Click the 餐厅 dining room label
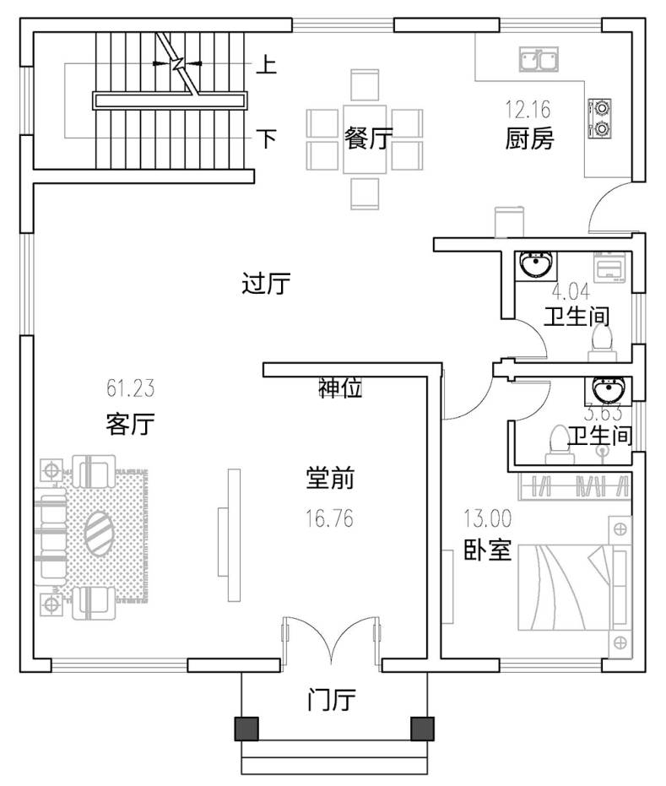pyautogui.click(x=369, y=138)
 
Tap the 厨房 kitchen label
pyautogui.click(x=529, y=138)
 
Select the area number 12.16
pyautogui.click(x=528, y=109)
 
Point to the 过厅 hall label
pyautogui.click(x=266, y=285)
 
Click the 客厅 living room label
pyautogui.click(x=130, y=423)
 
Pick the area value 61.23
pyautogui.click(x=130, y=390)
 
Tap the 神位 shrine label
pyautogui.click(x=340, y=388)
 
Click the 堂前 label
pyautogui.click(x=329, y=480)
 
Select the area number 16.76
pyautogui.click(x=329, y=517)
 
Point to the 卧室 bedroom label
pyautogui.click(x=487, y=550)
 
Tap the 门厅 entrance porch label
pyautogui.click(x=331, y=700)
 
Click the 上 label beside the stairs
pyautogui.click(x=266, y=64)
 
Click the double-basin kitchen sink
pyautogui.click(x=537, y=60)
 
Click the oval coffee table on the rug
pyautogui.click(x=100, y=532)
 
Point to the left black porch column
pyautogui.click(x=246, y=728)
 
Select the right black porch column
pyautogui.click(x=420, y=728)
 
